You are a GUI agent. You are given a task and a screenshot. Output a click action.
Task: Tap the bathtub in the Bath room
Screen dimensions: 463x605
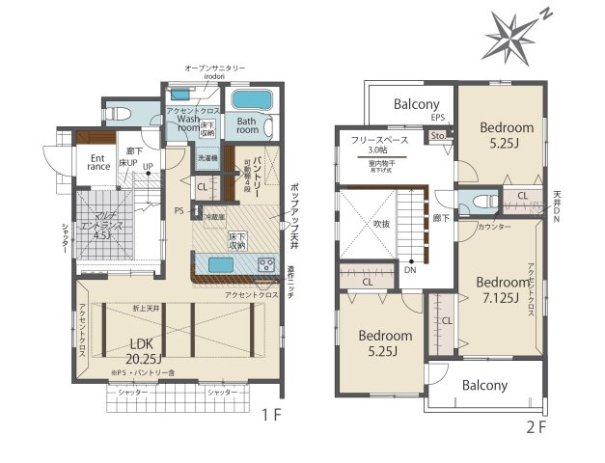click(x=250, y=100)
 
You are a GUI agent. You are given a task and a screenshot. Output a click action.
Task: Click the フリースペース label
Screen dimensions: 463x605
click(x=376, y=140)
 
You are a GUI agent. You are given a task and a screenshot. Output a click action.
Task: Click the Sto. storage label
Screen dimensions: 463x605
click(x=437, y=135)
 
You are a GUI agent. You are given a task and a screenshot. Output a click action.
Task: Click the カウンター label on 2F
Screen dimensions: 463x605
click(x=493, y=226)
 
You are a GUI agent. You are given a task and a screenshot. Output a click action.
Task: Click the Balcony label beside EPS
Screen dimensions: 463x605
click(x=402, y=104)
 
